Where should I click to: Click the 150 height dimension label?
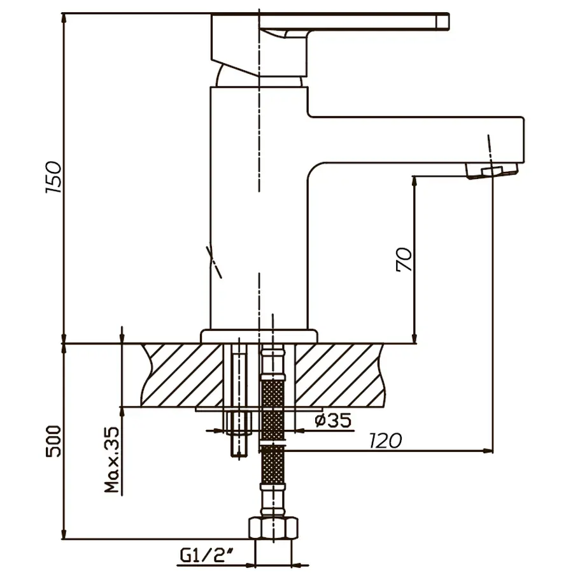[55, 178]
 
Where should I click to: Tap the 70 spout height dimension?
[405, 259]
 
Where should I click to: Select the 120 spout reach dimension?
[385, 440]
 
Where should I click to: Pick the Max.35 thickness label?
[112, 460]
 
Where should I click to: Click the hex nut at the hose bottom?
[273, 528]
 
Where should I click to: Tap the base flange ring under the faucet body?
[259, 336]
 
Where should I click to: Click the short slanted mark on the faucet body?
[215, 261]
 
